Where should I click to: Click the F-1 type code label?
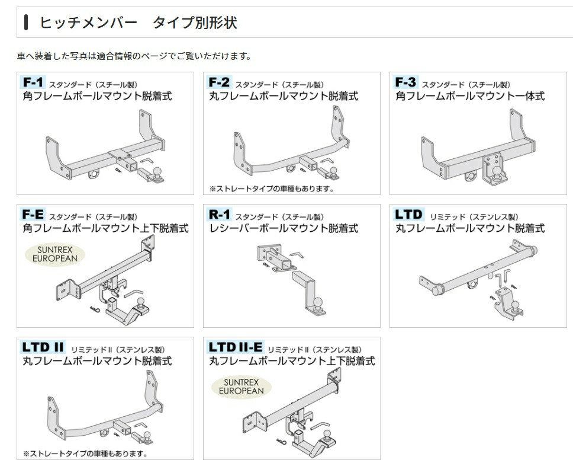(x=33, y=82)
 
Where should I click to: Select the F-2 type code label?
(x=219, y=82)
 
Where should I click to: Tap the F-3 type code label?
(x=406, y=82)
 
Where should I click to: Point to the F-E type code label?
(x=33, y=214)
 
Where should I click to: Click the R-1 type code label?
(x=219, y=214)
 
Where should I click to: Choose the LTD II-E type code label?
(x=235, y=347)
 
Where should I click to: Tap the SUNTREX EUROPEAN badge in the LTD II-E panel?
(x=241, y=387)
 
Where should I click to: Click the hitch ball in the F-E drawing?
(x=142, y=304)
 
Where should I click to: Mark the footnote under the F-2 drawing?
(x=272, y=189)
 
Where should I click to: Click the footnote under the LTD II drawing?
(x=85, y=454)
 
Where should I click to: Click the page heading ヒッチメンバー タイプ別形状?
(x=138, y=23)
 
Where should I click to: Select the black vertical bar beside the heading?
(x=26, y=23)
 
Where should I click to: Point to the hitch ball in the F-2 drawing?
(x=334, y=171)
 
